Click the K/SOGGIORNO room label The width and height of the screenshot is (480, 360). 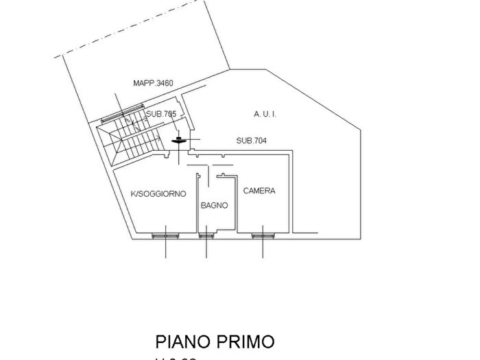[158, 194]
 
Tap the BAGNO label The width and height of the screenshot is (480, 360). [214, 205]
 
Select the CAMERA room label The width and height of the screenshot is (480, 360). [259, 191]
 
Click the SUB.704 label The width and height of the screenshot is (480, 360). [251, 141]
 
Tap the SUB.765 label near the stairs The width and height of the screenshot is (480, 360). [160, 114]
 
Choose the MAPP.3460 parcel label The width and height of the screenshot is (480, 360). [153, 84]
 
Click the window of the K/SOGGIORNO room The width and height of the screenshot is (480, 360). [166, 236]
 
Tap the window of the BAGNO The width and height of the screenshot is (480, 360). [206, 236]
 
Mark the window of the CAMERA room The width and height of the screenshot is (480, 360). [263, 236]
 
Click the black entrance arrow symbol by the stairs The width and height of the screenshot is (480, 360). [178, 140]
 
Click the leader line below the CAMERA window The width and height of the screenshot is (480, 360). [263, 248]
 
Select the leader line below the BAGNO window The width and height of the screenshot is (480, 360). [206, 248]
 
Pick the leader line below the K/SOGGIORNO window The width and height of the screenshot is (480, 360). [166, 248]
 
